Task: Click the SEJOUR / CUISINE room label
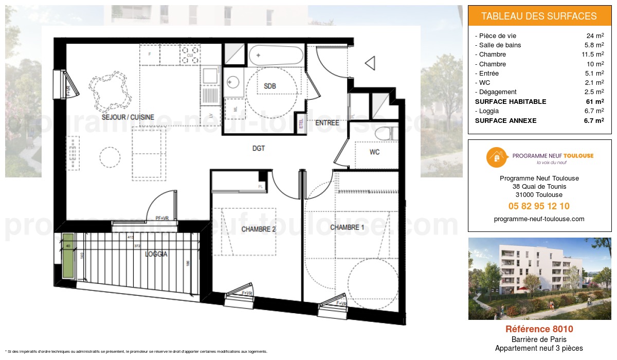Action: (x=128, y=117)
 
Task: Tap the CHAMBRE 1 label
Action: (x=347, y=227)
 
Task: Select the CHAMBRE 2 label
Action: (x=259, y=229)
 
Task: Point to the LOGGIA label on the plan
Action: (x=156, y=254)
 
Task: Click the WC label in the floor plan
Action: (x=374, y=152)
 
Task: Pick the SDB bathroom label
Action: (x=270, y=86)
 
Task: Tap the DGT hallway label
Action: (x=259, y=148)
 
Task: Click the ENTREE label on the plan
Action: (x=327, y=123)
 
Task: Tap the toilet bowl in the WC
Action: (x=385, y=134)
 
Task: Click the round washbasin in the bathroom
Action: (x=233, y=81)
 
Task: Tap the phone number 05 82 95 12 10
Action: (x=539, y=206)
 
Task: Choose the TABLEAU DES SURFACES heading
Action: (x=539, y=16)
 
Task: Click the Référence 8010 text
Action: (x=539, y=329)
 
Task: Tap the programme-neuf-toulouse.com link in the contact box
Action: (x=539, y=219)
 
